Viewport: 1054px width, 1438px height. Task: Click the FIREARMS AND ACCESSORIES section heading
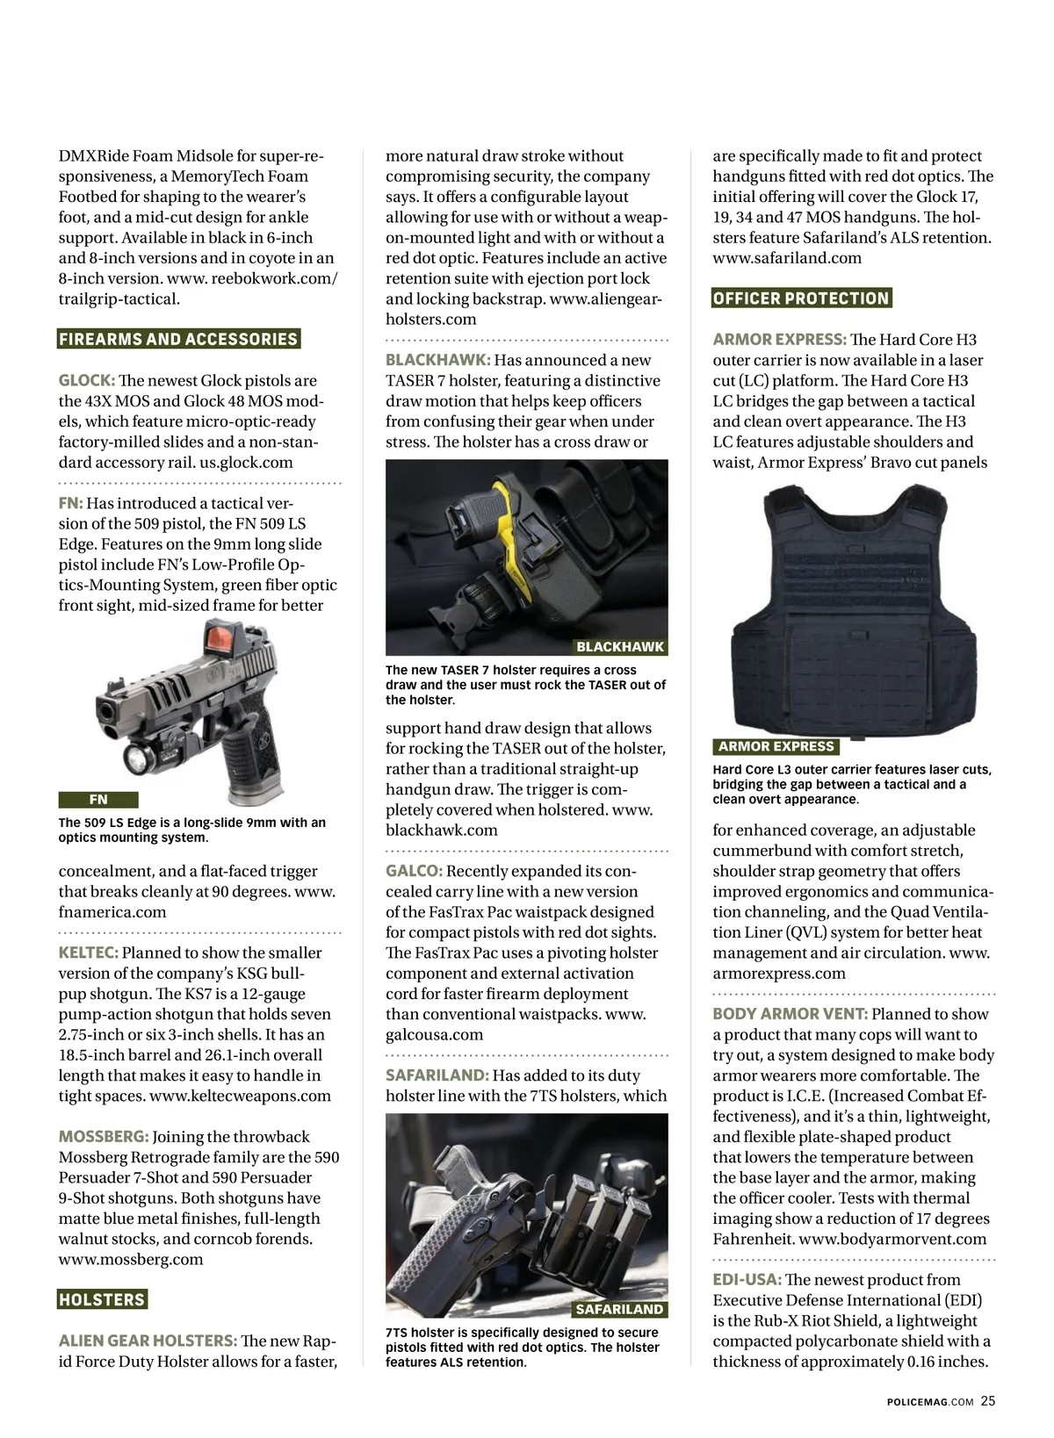[x=178, y=340]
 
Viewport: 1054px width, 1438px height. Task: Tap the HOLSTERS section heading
[x=102, y=1299]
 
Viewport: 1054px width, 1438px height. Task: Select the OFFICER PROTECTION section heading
[x=801, y=298]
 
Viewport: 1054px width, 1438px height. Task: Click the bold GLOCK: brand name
[x=87, y=381]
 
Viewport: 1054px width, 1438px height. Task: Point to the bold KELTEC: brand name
[x=89, y=953]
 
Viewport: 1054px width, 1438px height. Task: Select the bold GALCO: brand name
[x=414, y=871]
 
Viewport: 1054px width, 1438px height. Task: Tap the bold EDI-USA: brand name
[x=747, y=1280]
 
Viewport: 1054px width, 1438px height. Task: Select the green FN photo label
[x=98, y=800]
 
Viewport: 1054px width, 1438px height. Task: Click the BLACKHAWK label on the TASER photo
[x=619, y=647]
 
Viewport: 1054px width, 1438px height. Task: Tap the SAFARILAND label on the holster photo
[x=619, y=1310]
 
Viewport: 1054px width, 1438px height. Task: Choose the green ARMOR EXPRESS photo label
[x=776, y=747]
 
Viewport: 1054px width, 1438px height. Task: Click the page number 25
[x=988, y=1401]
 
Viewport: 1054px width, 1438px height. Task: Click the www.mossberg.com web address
[x=131, y=1260]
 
